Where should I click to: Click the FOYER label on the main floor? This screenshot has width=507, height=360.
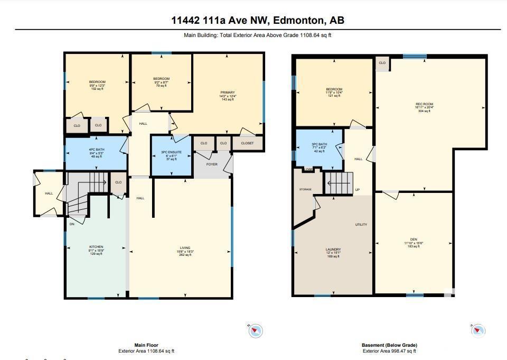[212, 164]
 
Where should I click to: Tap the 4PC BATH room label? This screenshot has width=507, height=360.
[97, 150]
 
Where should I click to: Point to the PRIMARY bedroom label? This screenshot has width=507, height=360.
[228, 93]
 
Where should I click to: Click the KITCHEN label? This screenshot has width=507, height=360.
[96, 247]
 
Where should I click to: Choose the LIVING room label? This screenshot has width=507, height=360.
[185, 247]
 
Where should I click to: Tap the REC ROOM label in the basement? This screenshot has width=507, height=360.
[424, 104]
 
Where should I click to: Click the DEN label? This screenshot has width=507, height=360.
[414, 239]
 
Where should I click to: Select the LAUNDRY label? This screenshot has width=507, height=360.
[333, 250]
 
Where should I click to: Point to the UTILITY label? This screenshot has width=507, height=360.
[361, 225]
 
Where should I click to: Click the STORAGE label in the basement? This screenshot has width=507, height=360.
[305, 189]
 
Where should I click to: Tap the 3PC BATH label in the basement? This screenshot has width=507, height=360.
[320, 144]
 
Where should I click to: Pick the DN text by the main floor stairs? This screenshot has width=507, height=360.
[72, 224]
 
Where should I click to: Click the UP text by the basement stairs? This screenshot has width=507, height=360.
[358, 190]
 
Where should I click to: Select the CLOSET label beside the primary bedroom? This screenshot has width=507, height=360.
[247, 143]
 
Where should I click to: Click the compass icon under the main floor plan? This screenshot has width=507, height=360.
[256, 331]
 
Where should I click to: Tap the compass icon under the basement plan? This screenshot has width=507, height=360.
[477, 330]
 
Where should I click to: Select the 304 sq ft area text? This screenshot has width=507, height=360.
[424, 111]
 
